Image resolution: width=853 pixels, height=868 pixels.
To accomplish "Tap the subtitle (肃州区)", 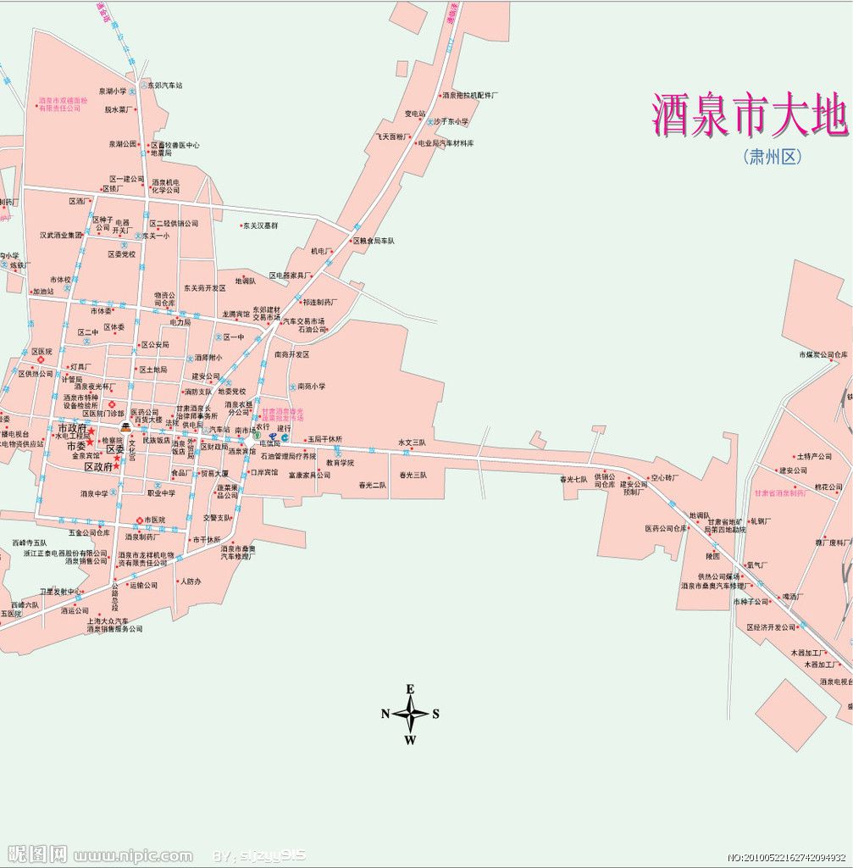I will [772, 157].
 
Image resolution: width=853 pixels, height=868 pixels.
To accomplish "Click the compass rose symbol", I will [411, 714].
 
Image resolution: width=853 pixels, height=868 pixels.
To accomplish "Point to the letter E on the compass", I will [410, 688].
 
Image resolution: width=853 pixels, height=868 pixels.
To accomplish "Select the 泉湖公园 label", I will [122, 144].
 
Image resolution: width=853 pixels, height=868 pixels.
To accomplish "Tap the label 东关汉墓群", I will [260, 225].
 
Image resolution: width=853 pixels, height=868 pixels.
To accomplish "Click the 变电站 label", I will [414, 114].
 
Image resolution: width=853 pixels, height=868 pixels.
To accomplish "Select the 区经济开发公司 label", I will [772, 627].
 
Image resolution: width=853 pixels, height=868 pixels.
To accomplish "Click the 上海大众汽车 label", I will [108, 620].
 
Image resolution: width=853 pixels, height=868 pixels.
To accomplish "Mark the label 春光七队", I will [573, 479].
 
